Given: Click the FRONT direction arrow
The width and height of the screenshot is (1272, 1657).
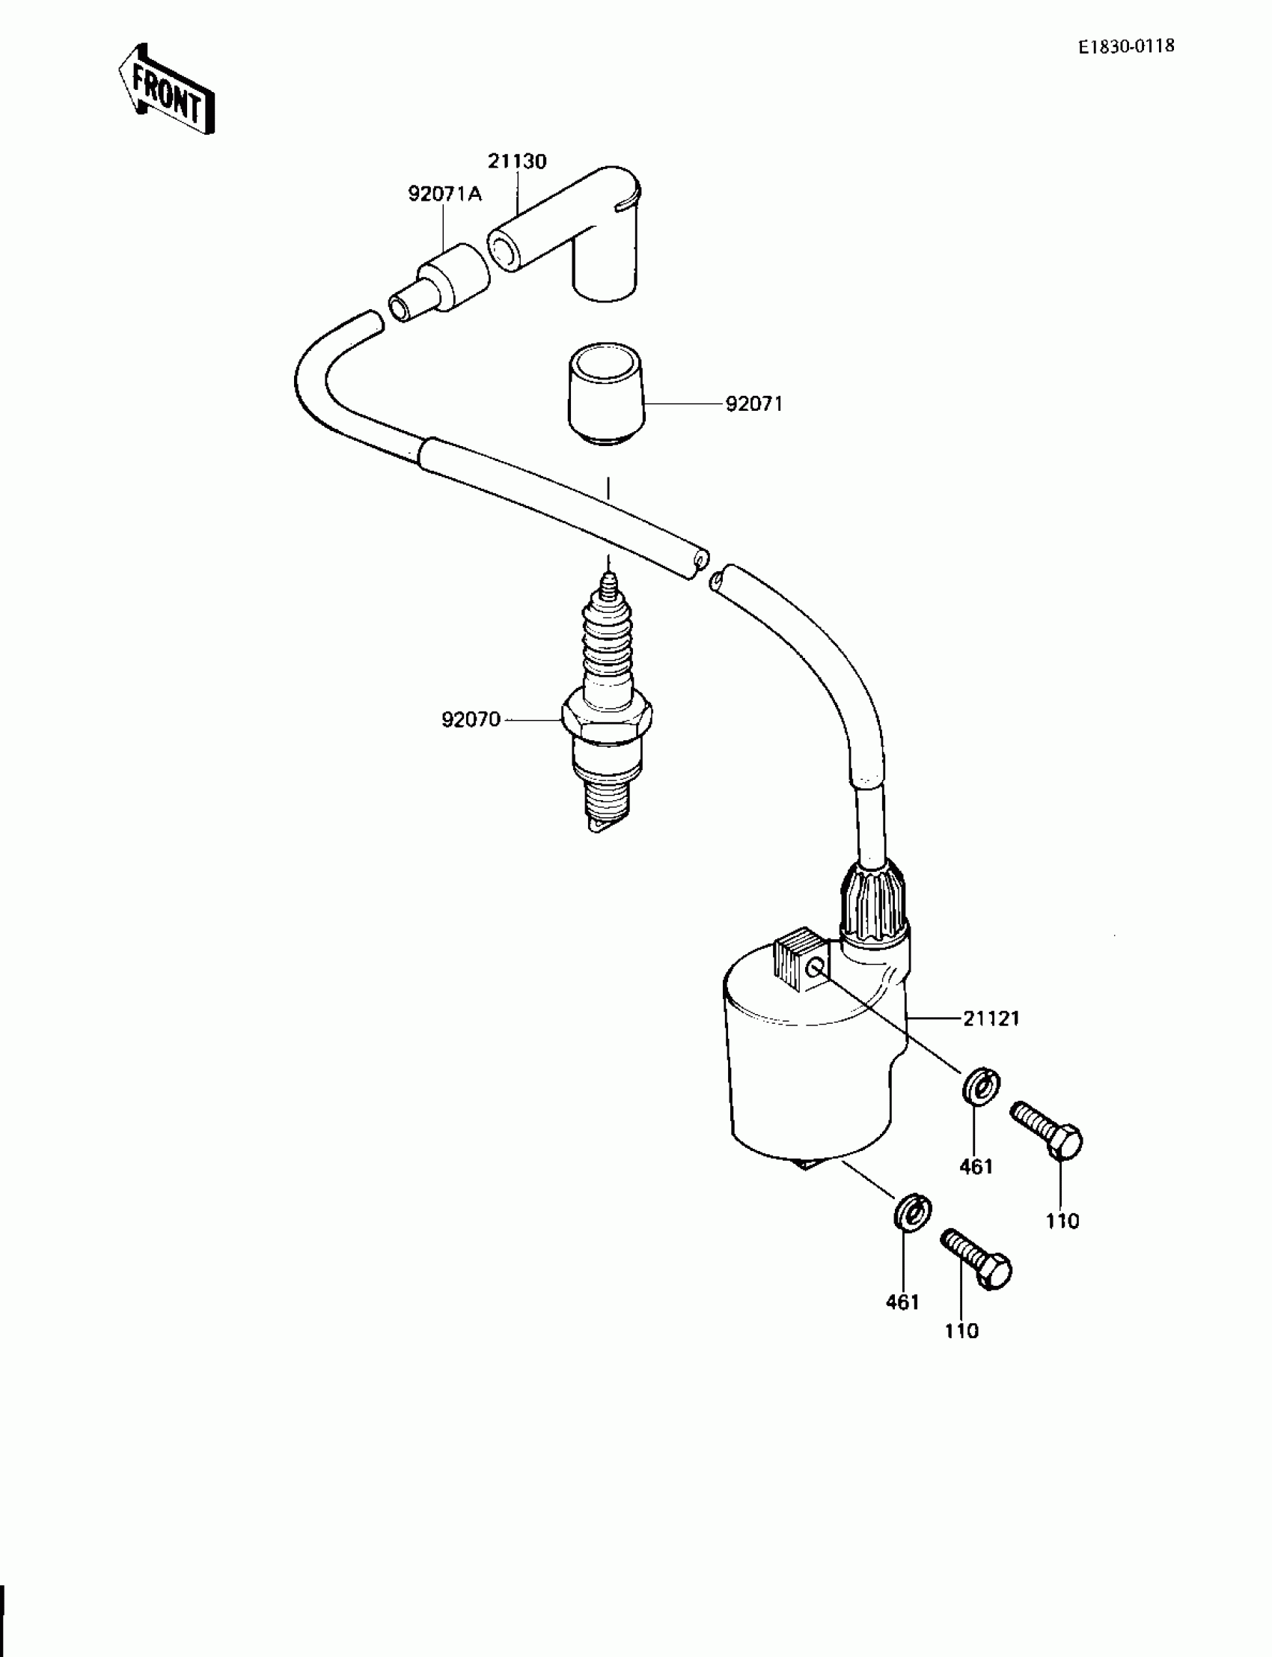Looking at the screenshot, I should tap(167, 88).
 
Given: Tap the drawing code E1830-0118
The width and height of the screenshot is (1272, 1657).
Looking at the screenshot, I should tap(1127, 46).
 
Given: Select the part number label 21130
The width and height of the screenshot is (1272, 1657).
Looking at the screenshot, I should tap(516, 162).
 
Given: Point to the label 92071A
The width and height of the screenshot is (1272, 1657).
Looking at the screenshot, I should tap(444, 195).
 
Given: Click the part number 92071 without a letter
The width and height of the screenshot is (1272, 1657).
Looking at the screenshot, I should tap(753, 404).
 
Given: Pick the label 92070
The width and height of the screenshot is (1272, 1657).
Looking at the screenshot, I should tap(471, 719).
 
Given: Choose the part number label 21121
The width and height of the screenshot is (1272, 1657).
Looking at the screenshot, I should tap(991, 1019).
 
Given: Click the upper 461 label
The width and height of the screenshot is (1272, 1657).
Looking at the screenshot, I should tap(976, 1167).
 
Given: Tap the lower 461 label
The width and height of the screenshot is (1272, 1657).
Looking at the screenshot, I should tap(902, 1302).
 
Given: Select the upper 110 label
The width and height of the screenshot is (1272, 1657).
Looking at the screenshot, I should tap(1062, 1221).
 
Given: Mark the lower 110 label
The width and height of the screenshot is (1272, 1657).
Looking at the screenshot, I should tap(961, 1331).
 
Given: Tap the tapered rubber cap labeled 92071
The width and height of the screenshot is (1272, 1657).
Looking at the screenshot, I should tap(606, 394).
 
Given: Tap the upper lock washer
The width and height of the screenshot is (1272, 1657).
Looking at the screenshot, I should tap(982, 1088).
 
